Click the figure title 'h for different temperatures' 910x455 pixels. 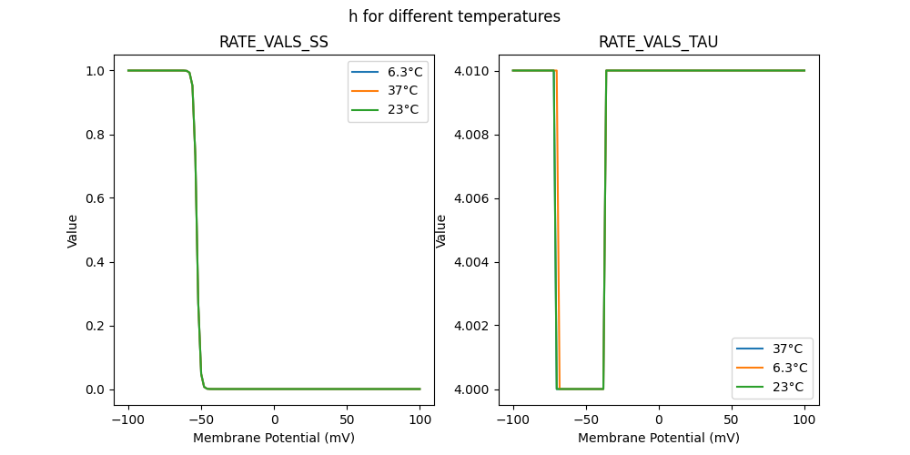pyautogui.click(x=454, y=16)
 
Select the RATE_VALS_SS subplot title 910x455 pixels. pyautogui.click(x=274, y=43)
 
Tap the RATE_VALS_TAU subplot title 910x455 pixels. pyautogui.click(x=658, y=43)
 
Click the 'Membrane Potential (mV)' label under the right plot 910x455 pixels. pyautogui.click(x=658, y=438)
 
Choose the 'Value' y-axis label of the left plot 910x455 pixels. pyautogui.click(x=73, y=231)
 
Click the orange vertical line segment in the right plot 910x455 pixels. pyautogui.click(x=558, y=227)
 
